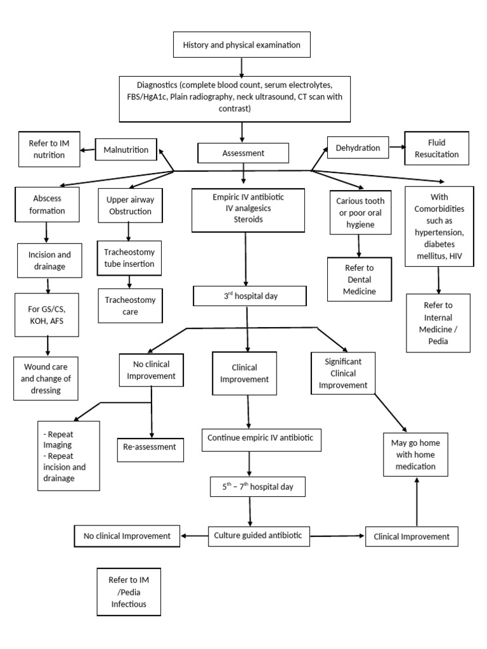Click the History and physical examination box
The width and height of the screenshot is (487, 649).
(x=237, y=45)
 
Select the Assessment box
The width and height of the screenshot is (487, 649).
(x=243, y=153)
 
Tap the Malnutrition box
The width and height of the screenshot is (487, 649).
(x=126, y=150)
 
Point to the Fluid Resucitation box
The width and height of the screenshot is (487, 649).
(x=438, y=148)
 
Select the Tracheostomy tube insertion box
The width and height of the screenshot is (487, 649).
(x=129, y=257)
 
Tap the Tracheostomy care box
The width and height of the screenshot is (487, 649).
(x=129, y=306)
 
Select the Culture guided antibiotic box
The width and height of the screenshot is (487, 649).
(x=260, y=536)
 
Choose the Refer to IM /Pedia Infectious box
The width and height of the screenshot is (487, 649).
(x=129, y=592)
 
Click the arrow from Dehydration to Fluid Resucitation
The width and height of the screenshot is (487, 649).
(x=396, y=148)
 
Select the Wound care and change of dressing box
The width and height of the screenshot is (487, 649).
(x=46, y=378)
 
